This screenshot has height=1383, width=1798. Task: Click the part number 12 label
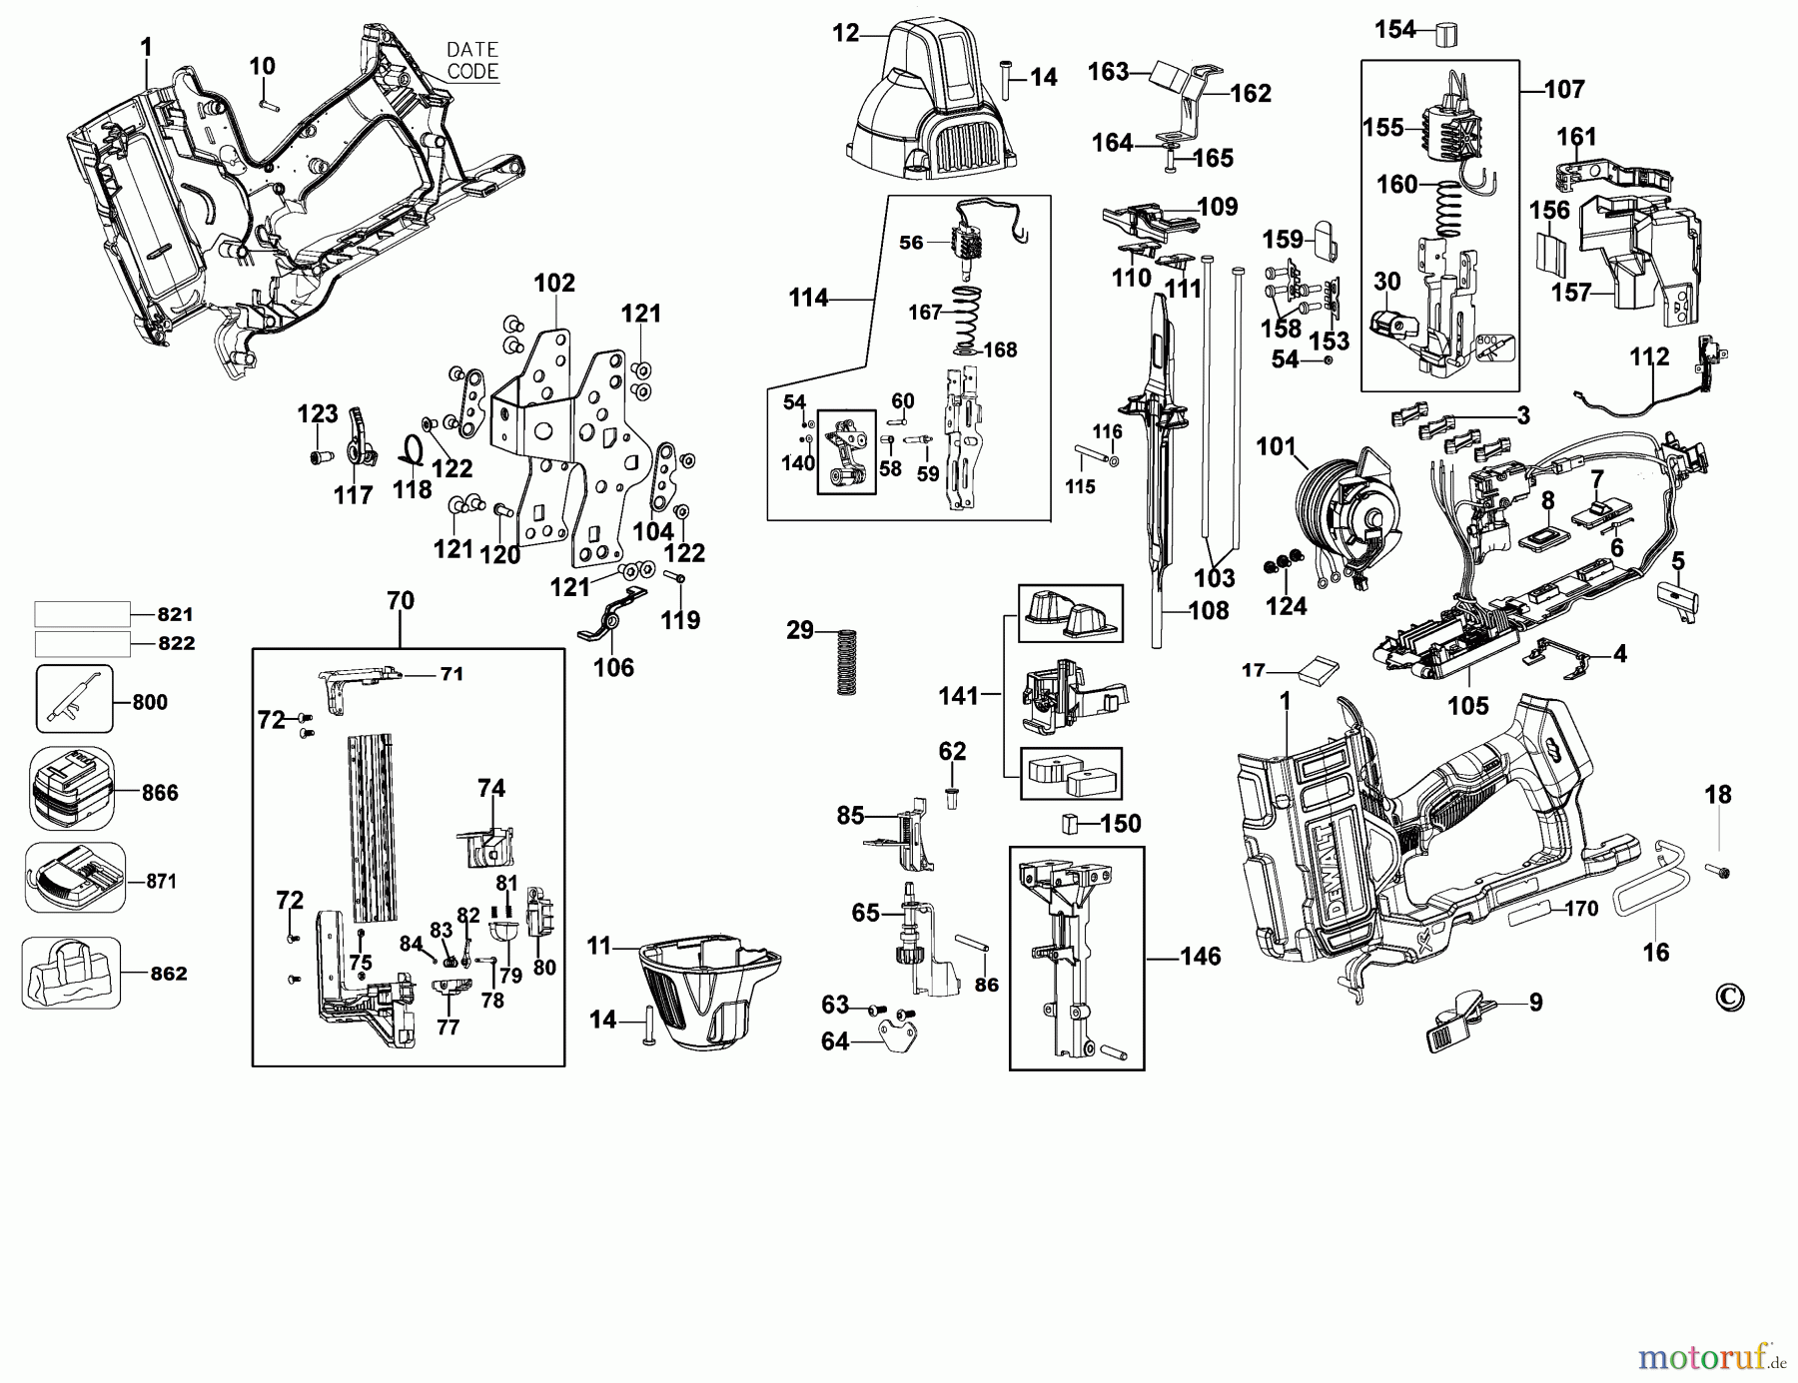(x=845, y=33)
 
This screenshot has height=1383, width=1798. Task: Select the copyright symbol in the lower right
(x=1729, y=997)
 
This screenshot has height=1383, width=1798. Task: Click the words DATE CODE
(x=472, y=60)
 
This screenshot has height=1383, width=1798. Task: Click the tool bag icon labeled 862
(x=71, y=973)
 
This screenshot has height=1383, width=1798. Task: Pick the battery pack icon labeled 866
(x=71, y=789)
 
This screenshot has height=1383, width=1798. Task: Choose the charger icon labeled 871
(x=74, y=877)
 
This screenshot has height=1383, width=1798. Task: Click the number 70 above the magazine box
(x=400, y=601)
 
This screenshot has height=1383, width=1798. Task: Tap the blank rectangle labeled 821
(x=82, y=613)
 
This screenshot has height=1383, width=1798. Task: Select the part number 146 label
(x=1200, y=957)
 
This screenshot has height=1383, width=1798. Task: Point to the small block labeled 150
(x=1069, y=823)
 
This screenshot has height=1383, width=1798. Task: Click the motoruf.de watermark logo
(x=1710, y=1356)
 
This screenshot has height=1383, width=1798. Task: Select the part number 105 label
(x=1467, y=706)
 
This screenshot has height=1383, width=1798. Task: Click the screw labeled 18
(x=1722, y=872)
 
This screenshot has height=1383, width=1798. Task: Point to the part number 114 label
(x=808, y=298)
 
